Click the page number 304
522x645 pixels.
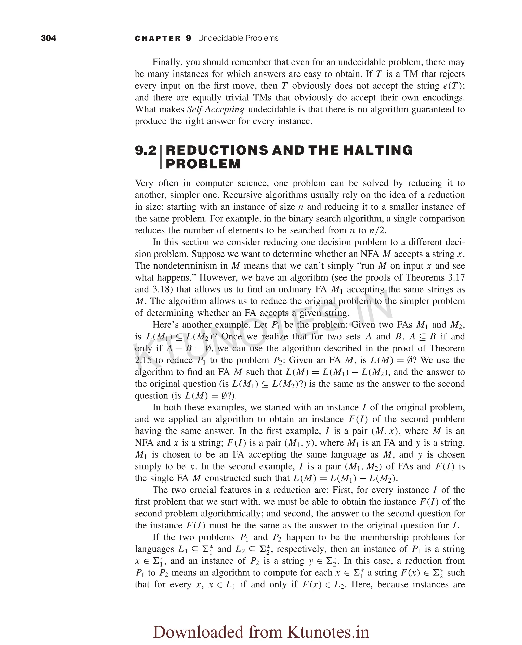point(48,38)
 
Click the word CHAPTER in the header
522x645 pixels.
point(158,39)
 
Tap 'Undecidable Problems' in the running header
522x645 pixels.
point(238,38)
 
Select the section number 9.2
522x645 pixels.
point(146,150)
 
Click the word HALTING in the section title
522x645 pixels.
point(378,150)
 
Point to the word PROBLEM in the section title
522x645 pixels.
point(203,164)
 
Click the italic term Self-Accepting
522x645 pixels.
point(215,109)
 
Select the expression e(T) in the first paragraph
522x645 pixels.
point(454,86)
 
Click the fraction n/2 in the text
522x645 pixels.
point(377,231)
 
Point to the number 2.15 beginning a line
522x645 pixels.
point(143,360)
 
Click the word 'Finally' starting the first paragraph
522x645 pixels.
point(167,62)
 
